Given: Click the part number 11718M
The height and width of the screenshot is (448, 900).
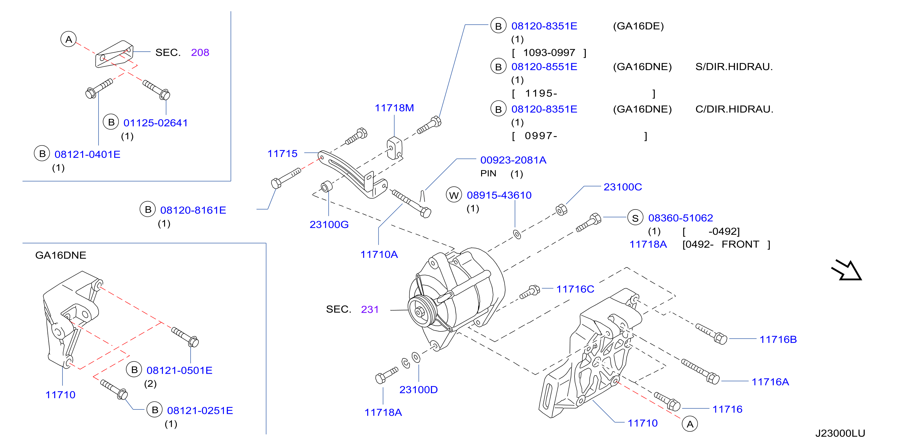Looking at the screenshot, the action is coord(394,108).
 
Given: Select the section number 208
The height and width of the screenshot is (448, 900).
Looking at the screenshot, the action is coord(200,52).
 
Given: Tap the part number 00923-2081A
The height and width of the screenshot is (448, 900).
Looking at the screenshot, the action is coord(513,160).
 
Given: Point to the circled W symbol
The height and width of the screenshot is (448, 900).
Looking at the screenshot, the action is coord(454,195).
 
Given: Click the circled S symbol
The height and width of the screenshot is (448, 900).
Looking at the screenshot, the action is coord(635,218).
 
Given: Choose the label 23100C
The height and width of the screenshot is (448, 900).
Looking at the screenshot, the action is coord(623,187).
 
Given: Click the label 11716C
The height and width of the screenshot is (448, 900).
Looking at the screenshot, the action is coord(575,289).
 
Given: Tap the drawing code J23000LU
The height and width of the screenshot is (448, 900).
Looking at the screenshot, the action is coord(840,433).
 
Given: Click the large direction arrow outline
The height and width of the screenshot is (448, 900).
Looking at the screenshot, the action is coord(847,270).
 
